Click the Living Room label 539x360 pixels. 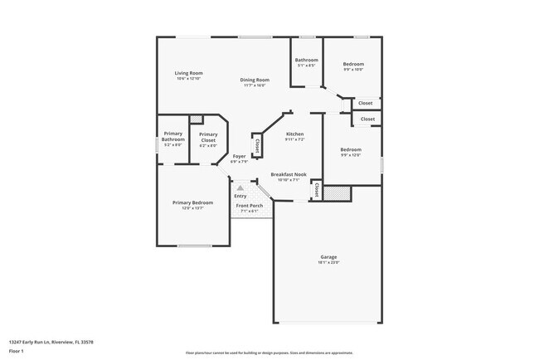pyautogui.click(x=188, y=73)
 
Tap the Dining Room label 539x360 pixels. pyautogui.click(x=255, y=80)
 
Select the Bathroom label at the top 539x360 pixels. pyautogui.click(x=307, y=60)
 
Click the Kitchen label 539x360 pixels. pyautogui.click(x=294, y=134)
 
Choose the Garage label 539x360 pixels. pyautogui.click(x=328, y=257)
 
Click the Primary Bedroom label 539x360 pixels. pyautogui.click(x=192, y=202)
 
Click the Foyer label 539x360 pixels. pyautogui.click(x=239, y=156)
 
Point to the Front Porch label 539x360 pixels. pyautogui.click(x=249, y=206)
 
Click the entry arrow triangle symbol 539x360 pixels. pyautogui.click(x=240, y=188)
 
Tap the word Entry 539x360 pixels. pyautogui.click(x=240, y=196)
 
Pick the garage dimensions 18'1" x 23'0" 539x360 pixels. pyautogui.click(x=328, y=262)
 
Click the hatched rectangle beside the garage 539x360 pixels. pyautogui.click(x=335, y=192)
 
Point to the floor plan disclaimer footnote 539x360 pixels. pyautogui.click(x=269, y=353)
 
